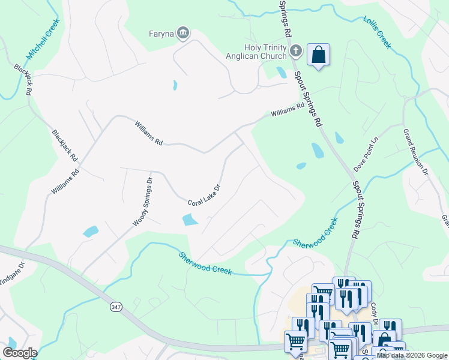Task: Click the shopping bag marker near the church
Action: [x=318, y=55]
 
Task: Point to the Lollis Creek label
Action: [x=377, y=32]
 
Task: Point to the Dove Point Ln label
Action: [x=369, y=154]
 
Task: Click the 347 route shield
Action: [x=116, y=307]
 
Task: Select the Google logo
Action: [x=19, y=353]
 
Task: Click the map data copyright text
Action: [x=412, y=355]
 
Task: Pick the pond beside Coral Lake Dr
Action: [x=190, y=220]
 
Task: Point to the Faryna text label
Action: [x=161, y=34]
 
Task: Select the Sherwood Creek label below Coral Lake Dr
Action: [x=205, y=263]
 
